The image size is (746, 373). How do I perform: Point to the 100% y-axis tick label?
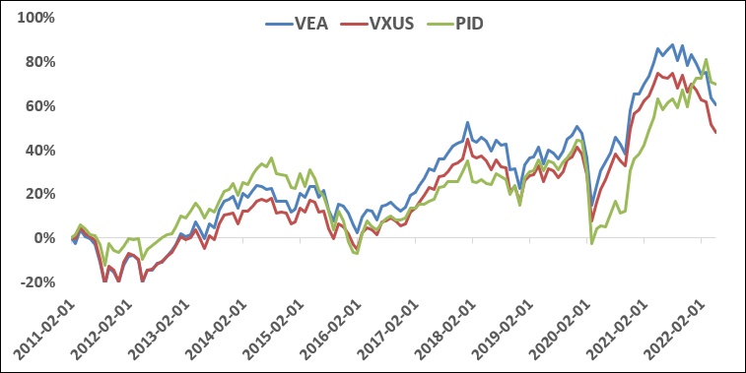click(x=34, y=18)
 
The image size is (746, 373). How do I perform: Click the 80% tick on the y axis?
click(x=38, y=62)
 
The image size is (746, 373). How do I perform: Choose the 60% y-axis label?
click(x=38, y=106)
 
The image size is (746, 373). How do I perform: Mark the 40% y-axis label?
click(x=38, y=151)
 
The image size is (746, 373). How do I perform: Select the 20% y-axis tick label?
click(x=38, y=194)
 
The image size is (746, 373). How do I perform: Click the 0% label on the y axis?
click(x=42, y=238)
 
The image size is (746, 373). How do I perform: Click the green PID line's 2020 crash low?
click(x=591, y=243)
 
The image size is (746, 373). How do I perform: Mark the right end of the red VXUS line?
click(x=715, y=132)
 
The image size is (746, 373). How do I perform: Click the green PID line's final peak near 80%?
click(x=706, y=60)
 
